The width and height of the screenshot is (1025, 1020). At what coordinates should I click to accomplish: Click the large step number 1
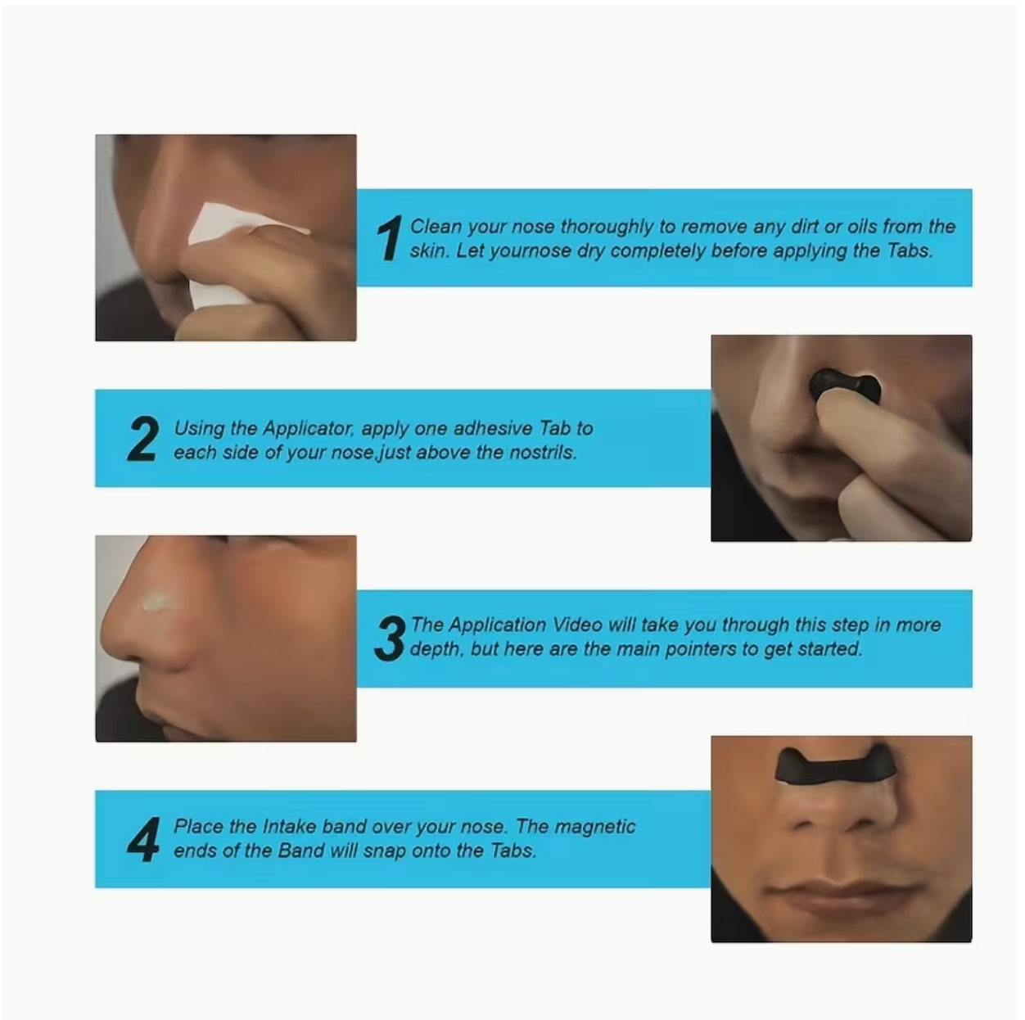click(390, 238)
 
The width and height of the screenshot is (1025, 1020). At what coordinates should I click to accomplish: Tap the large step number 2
click(143, 439)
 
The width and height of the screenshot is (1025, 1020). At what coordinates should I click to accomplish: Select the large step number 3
click(391, 639)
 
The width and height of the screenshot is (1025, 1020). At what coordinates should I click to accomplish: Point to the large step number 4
click(143, 840)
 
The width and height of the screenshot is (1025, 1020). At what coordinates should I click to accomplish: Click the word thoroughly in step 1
click(607, 228)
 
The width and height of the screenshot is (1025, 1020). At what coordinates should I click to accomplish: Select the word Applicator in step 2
click(308, 429)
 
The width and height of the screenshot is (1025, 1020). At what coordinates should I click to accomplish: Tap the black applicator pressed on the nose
click(845, 386)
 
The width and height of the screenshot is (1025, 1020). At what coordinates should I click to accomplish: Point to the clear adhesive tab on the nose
click(157, 603)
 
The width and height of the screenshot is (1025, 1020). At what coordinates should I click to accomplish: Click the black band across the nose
click(836, 770)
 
